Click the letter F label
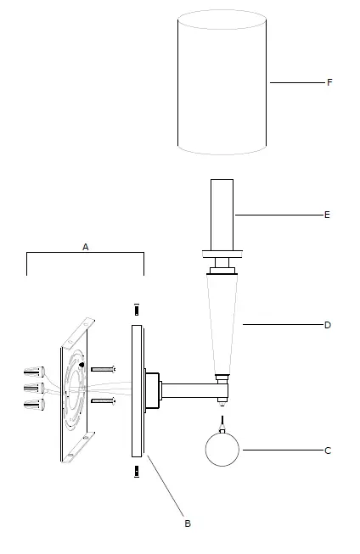[329, 83]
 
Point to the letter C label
[328, 450]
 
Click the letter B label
[188, 523]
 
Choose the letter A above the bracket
[85, 246]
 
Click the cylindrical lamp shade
[223, 83]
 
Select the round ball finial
[223, 450]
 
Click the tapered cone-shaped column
[222, 322]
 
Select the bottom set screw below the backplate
[137, 470]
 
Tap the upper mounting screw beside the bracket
[102, 369]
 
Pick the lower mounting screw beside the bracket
[102, 400]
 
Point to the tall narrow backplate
[137, 390]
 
